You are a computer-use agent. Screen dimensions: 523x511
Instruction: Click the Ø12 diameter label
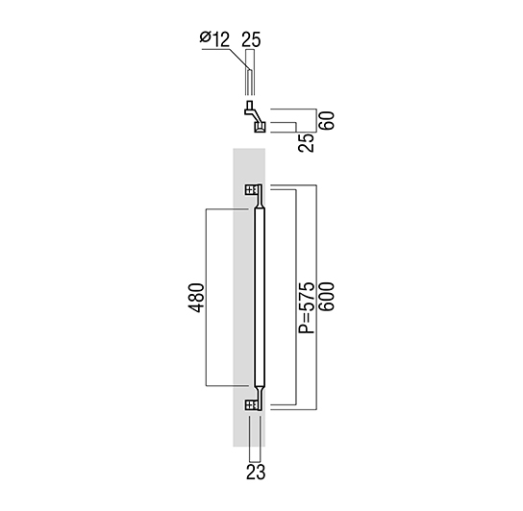click(214, 39)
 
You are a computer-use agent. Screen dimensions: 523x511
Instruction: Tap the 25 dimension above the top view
click(251, 39)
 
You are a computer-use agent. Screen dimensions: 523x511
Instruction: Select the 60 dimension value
click(326, 121)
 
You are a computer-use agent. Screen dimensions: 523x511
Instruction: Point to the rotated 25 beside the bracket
click(306, 143)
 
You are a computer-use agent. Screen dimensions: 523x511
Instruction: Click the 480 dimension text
click(196, 298)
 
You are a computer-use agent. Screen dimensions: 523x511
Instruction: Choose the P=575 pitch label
click(307, 307)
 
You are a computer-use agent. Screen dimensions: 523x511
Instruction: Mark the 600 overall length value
click(326, 297)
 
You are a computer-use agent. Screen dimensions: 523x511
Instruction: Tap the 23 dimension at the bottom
click(256, 472)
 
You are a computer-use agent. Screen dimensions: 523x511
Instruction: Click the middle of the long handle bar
click(260, 298)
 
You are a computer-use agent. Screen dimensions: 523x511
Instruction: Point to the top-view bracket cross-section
click(256, 116)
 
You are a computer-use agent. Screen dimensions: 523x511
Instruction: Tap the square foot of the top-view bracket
click(261, 127)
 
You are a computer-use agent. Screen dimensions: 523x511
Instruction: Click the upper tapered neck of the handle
click(260, 202)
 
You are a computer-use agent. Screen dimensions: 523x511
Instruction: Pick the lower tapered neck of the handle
click(260, 393)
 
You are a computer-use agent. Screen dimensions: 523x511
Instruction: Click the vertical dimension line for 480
click(206, 298)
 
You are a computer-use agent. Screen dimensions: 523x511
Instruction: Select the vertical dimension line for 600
click(316, 298)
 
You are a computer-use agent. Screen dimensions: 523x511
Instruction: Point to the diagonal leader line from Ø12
click(239, 60)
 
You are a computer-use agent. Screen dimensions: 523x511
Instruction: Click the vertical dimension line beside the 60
click(316, 121)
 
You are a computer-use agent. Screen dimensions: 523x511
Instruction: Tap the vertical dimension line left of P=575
click(296, 298)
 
